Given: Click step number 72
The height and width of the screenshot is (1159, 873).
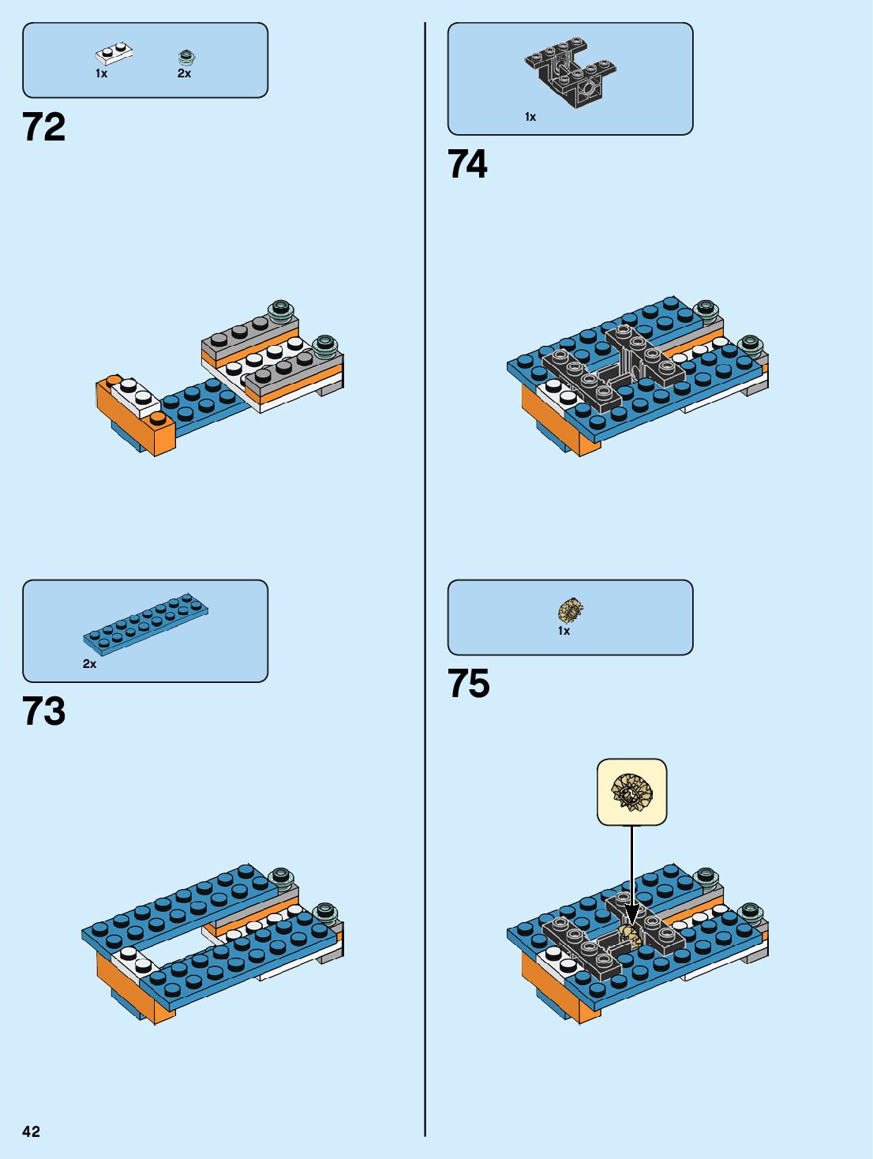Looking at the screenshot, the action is coord(44,127).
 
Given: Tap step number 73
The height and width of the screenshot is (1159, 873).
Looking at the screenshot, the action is coord(44,711).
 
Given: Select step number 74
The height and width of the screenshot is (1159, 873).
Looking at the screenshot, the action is coord(468,164).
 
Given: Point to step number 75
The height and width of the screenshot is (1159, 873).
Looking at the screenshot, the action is coord(469,684).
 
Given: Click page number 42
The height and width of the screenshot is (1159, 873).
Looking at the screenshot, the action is coord(31,1131).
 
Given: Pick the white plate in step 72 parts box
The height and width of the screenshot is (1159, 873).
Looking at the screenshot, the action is coord(114,54).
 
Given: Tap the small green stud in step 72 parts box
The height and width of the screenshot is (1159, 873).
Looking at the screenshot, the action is coord(186,56).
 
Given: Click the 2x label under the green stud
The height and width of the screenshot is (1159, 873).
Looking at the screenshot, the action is coord(184,73).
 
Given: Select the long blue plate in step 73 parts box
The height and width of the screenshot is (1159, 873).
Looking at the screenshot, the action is coord(146,620).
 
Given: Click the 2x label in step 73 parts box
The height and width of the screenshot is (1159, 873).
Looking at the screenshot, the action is coord(90,664).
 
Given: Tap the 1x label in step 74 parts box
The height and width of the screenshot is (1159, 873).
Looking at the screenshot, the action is coord(530,117).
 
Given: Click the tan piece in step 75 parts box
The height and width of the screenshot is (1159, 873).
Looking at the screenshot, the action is coord(571,610).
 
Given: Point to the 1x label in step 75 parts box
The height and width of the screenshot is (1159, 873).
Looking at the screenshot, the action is coord(564,631).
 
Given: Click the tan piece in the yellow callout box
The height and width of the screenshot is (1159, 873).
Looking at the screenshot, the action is coord(631,792).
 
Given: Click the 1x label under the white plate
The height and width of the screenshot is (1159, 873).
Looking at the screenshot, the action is coord(102,73).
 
